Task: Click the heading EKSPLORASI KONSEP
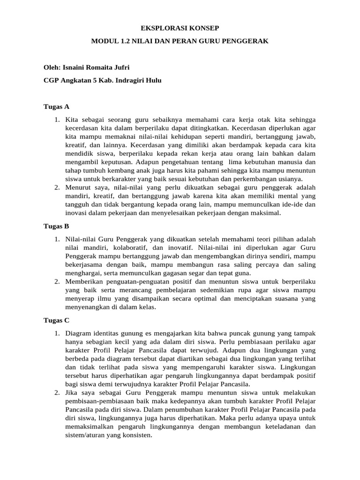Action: [180, 29]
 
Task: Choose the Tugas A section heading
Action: [56, 106]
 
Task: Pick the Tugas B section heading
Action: [56, 226]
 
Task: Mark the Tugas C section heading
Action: [56, 321]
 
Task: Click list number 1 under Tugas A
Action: [57, 120]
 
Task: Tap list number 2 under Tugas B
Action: [57, 281]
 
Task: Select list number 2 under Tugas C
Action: [57, 392]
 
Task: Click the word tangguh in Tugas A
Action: [76, 204]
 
